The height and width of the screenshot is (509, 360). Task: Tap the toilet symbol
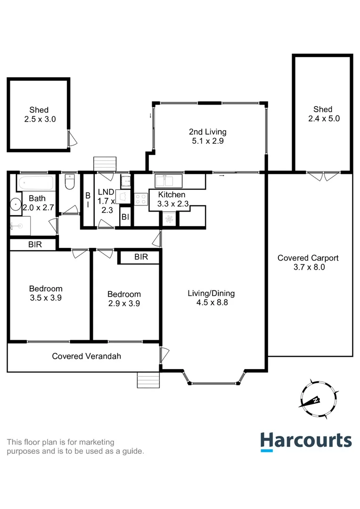(x=69, y=182)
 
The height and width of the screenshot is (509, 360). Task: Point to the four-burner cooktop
(x=141, y=199)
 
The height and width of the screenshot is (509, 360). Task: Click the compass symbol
(x=318, y=399)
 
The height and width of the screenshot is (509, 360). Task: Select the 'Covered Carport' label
(x=308, y=258)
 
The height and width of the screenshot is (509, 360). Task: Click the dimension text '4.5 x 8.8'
(x=212, y=303)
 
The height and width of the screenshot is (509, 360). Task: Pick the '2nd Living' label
(x=207, y=131)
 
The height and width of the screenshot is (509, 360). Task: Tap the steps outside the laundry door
(x=104, y=164)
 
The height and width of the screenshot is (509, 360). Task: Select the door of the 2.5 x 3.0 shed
(x=71, y=138)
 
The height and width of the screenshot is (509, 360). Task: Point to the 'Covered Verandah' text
(x=86, y=356)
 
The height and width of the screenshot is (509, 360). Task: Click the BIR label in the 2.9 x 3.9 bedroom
(x=141, y=257)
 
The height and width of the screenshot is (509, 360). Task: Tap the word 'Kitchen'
(x=172, y=195)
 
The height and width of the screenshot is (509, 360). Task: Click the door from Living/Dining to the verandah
(x=164, y=353)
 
